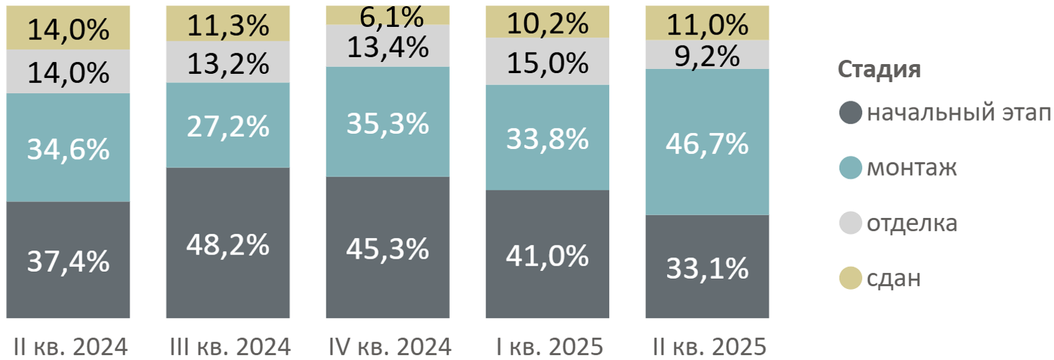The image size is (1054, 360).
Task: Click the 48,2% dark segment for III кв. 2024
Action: pyautogui.click(x=228, y=243)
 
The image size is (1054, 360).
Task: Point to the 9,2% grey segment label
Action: pyautogui.click(x=707, y=55)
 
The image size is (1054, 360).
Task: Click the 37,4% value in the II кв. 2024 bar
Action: pyautogui.click(x=68, y=261)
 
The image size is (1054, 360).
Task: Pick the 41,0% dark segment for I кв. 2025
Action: pyautogui.click(x=548, y=255)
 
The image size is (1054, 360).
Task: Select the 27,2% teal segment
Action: pyautogui.click(x=228, y=126)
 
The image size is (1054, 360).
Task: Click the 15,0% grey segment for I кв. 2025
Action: pyautogui.click(x=548, y=63)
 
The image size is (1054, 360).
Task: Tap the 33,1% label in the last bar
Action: pyautogui.click(x=707, y=268)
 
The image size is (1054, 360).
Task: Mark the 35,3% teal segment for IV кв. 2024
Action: pyautogui.click(x=388, y=123)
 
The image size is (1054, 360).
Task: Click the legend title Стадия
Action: pyautogui.click(x=879, y=70)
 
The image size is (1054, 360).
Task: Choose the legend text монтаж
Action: pyautogui.click(x=911, y=168)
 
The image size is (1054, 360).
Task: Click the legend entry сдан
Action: pyautogui.click(x=893, y=279)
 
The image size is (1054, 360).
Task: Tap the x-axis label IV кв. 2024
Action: pyautogui.click(x=388, y=346)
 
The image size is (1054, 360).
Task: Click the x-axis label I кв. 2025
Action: pyautogui.click(x=548, y=346)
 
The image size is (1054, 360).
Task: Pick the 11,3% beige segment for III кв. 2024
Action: pyautogui.click(x=228, y=26)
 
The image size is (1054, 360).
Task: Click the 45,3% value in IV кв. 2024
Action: pyautogui.click(x=388, y=248)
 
